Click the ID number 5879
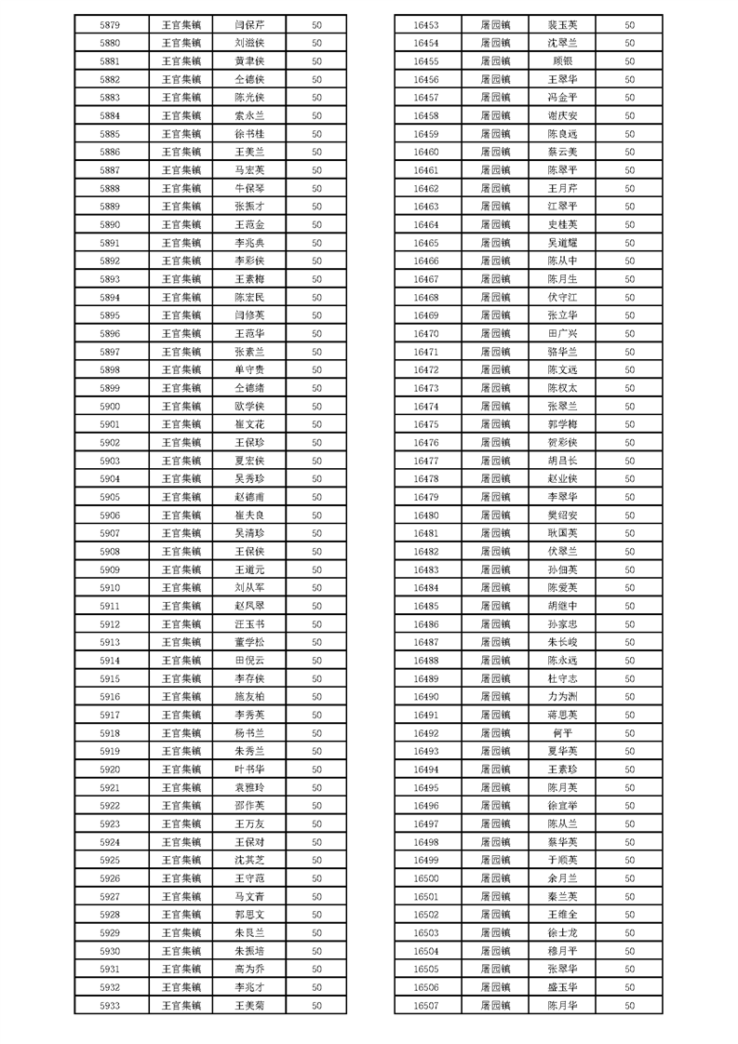[x=110, y=25]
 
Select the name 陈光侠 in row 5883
[x=249, y=98]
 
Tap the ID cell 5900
[x=110, y=407]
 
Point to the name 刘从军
[x=249, y=588]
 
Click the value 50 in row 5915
[x=316, y=678]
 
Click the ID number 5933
[x=110, y=1005]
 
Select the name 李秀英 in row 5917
[x=249, y=715]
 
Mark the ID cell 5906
[x=110, y=515]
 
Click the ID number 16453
[x=425, y=25]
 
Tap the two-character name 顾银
[x=563, y=61]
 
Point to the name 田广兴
[x=563, y=334]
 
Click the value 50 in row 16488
[x=630, y=661]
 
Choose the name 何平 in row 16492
[x=563, y=733]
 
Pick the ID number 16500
[x=425, y=878]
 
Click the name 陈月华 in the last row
[x=563, y=1005]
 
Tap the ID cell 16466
[x=425, y=261]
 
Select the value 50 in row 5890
[x=316, y=225]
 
